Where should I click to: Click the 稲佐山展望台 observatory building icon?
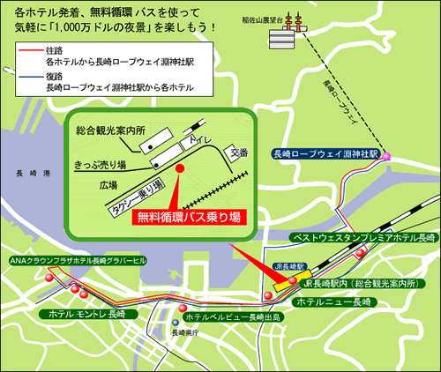(288, 36)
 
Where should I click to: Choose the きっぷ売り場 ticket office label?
(104, 164)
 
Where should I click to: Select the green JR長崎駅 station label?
(286, 266)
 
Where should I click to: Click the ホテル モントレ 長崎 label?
(88, 314)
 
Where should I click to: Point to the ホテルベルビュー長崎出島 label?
(231, 317)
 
